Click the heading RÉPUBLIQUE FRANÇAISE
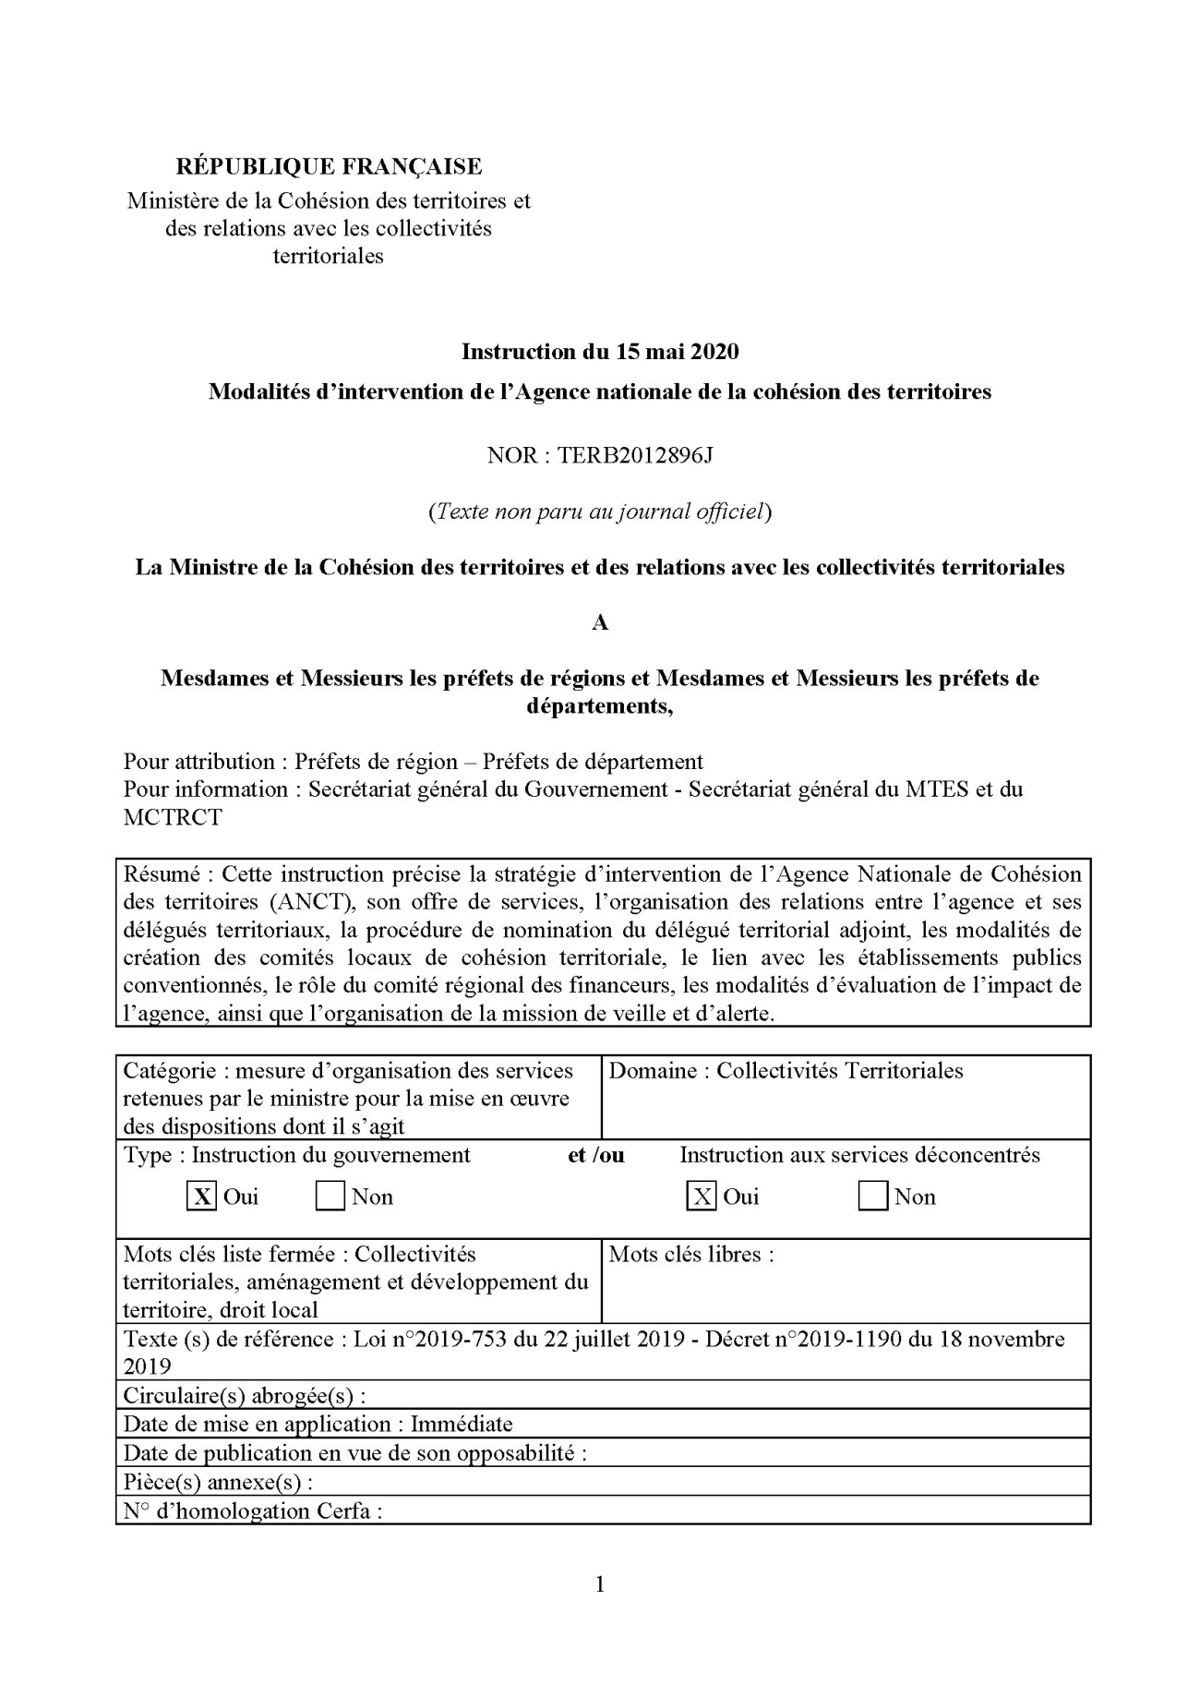(x=329, y=166)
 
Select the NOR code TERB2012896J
(x=635, y=455)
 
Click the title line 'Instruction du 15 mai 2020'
(x=600, y=351)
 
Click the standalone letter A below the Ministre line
(x=600, y=623)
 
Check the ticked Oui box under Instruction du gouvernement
(x=201, y=1197)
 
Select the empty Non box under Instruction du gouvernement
(x=330, y=1197)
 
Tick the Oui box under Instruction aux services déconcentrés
(x=702, y=1197)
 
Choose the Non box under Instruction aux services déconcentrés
(x=872, y=1197)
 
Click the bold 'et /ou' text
(x=596, y=1155)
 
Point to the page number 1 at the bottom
(x=600, y=1584)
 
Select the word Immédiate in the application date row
(x=462, y=1424)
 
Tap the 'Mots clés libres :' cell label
(x=691, y=1254)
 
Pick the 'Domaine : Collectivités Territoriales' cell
(x=786, y=1071)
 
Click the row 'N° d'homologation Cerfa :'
(x=253, y=1510)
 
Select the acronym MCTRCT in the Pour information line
(x=173, y=817)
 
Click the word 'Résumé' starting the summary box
(x=162, y=873)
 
